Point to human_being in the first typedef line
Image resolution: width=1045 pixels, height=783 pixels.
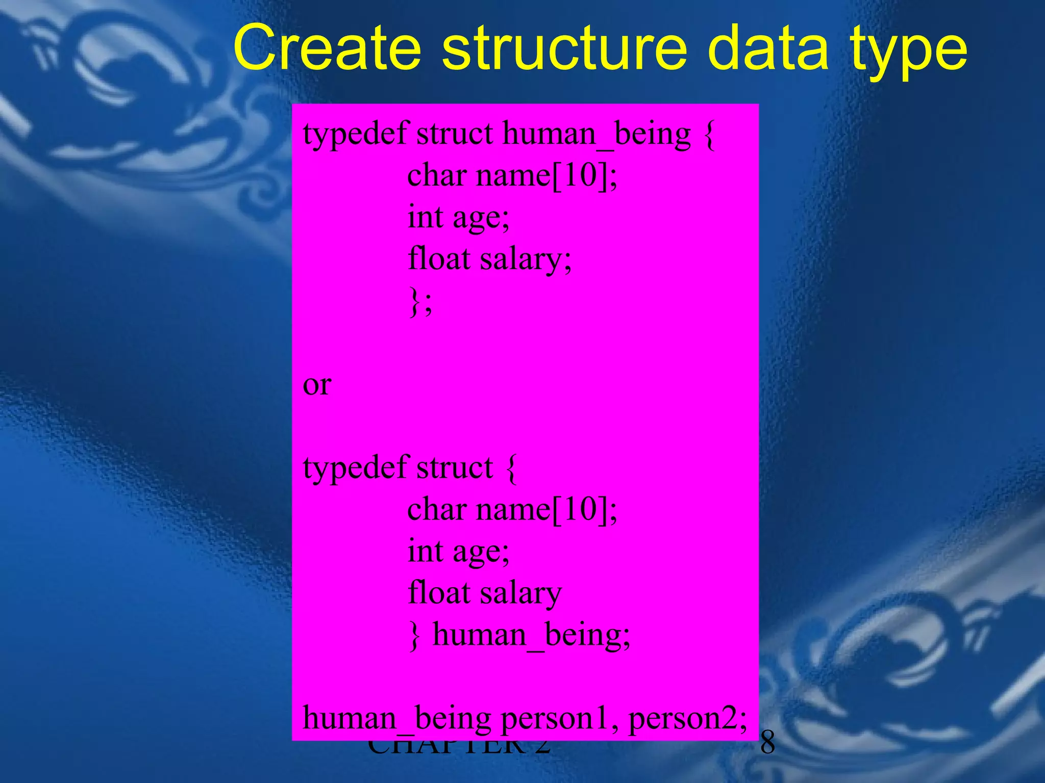[596, 135]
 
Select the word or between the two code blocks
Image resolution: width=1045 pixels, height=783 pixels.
[317, 385]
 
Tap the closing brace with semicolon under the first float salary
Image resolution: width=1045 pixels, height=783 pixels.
[420, 302]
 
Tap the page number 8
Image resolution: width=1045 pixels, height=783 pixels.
[767, 743]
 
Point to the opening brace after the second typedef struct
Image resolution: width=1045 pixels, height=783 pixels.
[512, 468]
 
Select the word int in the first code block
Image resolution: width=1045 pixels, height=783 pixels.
[425, 217]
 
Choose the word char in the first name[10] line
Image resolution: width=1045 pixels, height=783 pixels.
[437, 175]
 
